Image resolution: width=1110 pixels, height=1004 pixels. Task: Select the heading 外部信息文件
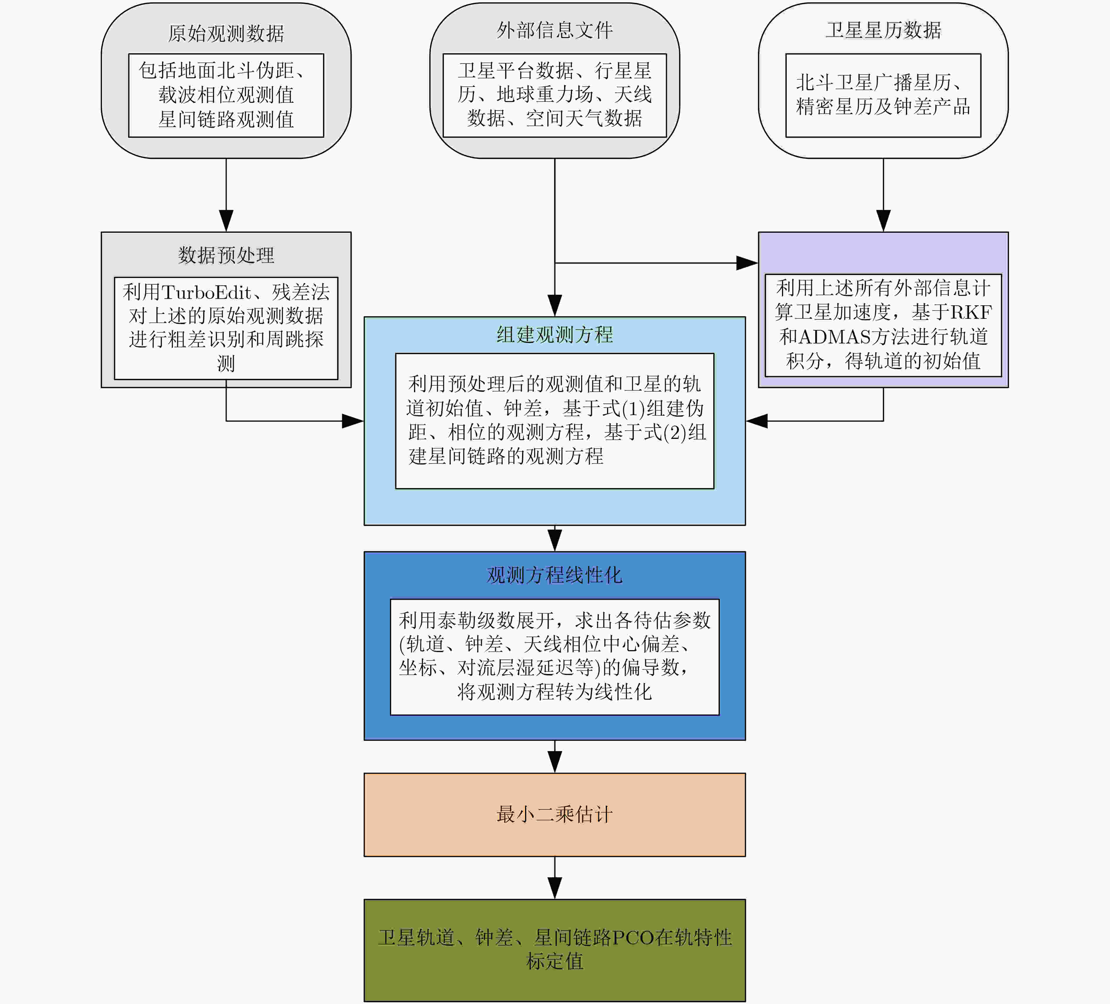click(554, 30)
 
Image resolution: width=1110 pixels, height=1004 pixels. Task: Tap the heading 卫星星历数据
click(883, 30)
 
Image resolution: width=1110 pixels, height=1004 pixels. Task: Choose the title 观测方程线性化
click(554, 575)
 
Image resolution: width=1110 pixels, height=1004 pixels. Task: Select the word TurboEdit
click(206, 292)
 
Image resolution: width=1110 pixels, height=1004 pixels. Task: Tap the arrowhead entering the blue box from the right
click(756, 421)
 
